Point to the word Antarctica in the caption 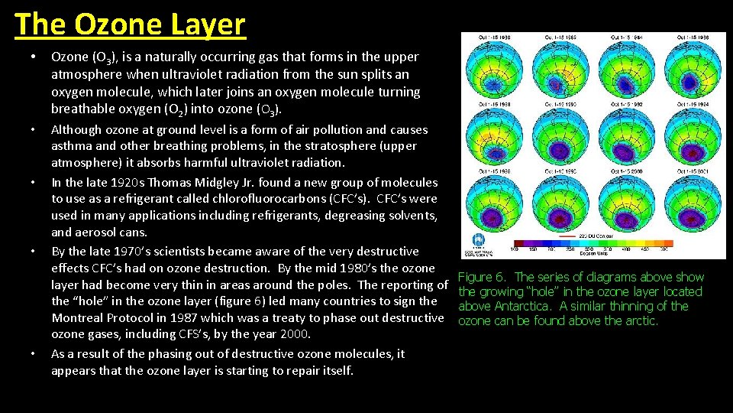[530, 306]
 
